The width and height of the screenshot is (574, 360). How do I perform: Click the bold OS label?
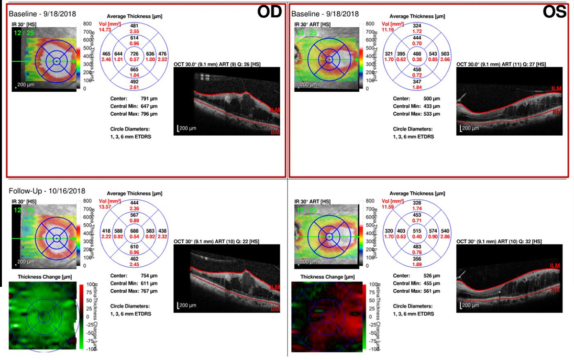pyautogui.click(x=555, y=12)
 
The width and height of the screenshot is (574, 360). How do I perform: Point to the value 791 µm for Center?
pyautogui.click(x=145, y=98)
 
